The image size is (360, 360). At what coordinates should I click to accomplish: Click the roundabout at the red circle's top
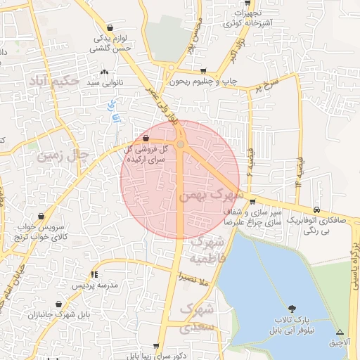pyautogui.click(x=181, y=144)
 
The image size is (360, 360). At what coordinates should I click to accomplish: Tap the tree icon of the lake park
pyautogui.click(x=292, y=308)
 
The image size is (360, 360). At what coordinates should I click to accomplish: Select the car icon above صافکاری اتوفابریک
pyautogui.click(x=318, y=210)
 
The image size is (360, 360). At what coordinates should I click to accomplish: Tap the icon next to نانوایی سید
pyautogui.click(x=105, y=72)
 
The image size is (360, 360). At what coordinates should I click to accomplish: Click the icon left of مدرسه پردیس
pyautogui.click(x=95, y=274)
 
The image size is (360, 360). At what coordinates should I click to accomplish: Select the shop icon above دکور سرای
pyautogui.click(x=156, y=346)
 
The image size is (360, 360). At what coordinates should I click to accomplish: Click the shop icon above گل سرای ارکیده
pyautogui.click(x=146, y=139)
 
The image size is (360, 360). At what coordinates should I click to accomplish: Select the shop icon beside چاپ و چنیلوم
pyautogui.click(x=204, y=71)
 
